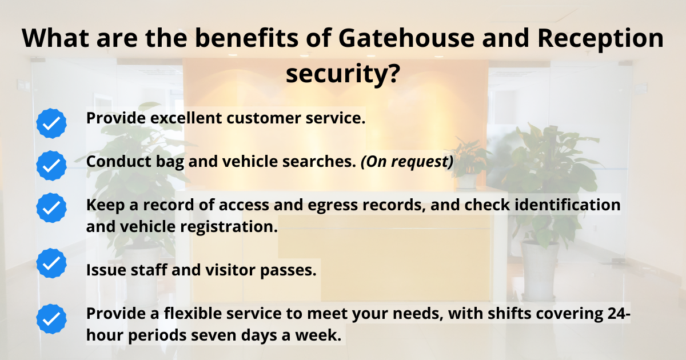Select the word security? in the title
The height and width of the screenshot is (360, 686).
pyautogui.click(x=342, y=74)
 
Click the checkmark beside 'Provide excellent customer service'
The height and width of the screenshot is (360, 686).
pyautogui.click(x=51, y=123)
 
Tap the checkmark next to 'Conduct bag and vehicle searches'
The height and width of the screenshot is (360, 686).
pyautogui.click(x=51, y=166)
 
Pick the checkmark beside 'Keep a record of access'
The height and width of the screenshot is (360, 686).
pyautogui.click(x=51, y=207)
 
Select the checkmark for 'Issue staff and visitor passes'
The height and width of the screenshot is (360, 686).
pyautogui.click(x=51, y=263)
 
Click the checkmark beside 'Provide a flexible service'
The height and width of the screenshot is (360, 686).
pyautogui.click(x=51, y=318)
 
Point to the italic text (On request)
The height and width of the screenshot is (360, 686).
pyautogui.click(x=406, y=162)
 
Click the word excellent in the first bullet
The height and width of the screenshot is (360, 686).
pyautogui.click(x=185, y=118)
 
